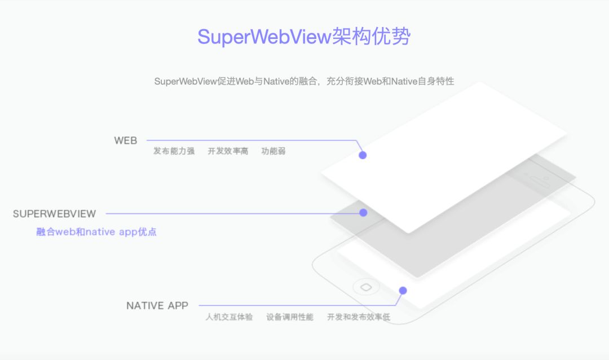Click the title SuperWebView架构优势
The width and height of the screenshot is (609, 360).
(304, 37)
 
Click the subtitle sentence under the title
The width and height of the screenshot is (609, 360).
(304, 81)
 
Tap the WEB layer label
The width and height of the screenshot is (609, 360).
(125, 141)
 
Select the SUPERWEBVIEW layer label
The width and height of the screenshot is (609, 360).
(55, 214)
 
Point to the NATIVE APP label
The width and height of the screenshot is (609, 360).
(157, 306)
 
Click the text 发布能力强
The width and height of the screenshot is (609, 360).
(174, 151)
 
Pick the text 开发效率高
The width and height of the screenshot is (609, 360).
(228, 151)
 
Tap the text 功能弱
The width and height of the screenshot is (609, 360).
(273, 151)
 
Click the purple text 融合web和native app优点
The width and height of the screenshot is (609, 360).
(96, 232)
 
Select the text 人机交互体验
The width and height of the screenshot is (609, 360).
(229, 317)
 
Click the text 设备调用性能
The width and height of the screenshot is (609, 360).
(290, 317)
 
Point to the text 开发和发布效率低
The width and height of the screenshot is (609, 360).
(359, 317)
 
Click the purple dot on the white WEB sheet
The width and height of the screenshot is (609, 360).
(363, 155)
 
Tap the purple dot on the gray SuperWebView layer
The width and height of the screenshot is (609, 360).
(363, 213)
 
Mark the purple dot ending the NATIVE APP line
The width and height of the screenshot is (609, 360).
(403, 291)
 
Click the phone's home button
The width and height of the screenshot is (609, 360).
(365, 287)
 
